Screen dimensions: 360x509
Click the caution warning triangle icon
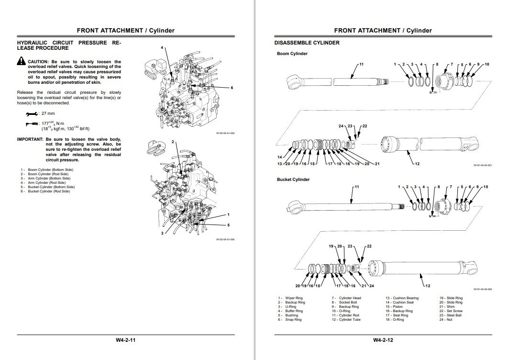[x=22, y=61]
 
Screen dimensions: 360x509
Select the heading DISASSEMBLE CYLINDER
[x=307, y=43]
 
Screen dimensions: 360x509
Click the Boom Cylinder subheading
[x=292, y=54]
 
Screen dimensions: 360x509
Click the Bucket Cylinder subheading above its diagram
[x=293, y=180]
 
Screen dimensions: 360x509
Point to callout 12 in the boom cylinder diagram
[x=417, y=164]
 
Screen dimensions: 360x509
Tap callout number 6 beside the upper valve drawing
[x=232, y=88]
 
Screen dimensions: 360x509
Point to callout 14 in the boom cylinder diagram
[x=280, y=157]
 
